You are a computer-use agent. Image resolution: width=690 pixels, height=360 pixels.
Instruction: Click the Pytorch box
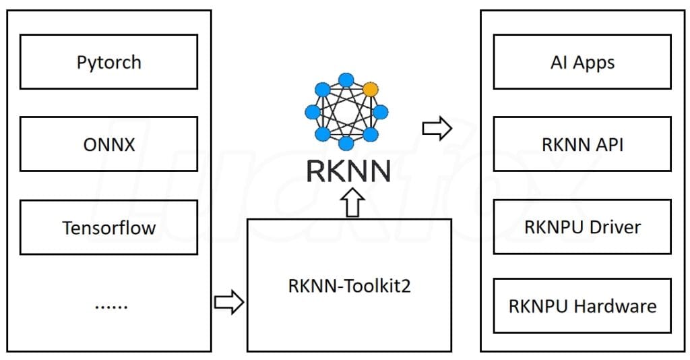108,62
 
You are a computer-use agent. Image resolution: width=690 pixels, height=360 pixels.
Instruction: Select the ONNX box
108,144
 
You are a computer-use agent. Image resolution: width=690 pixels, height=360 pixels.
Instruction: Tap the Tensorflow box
108,227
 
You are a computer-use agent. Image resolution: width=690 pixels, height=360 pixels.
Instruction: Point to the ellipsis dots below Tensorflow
111,305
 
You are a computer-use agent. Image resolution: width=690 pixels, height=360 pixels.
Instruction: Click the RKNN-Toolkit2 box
349,284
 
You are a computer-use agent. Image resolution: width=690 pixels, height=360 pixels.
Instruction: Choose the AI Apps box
582,62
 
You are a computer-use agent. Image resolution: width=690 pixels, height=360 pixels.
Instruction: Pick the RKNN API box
582,144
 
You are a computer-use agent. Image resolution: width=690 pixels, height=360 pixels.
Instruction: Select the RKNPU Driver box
582,227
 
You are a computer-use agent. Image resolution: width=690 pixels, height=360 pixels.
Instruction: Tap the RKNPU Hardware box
582,305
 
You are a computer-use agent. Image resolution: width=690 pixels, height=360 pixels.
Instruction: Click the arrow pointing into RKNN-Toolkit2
228,303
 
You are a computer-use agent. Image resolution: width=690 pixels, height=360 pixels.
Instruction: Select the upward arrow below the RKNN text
348,202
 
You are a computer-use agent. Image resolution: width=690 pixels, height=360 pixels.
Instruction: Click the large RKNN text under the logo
348,171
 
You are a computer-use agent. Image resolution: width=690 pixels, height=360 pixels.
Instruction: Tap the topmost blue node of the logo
347,79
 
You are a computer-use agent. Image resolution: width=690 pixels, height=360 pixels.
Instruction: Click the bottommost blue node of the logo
347,144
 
